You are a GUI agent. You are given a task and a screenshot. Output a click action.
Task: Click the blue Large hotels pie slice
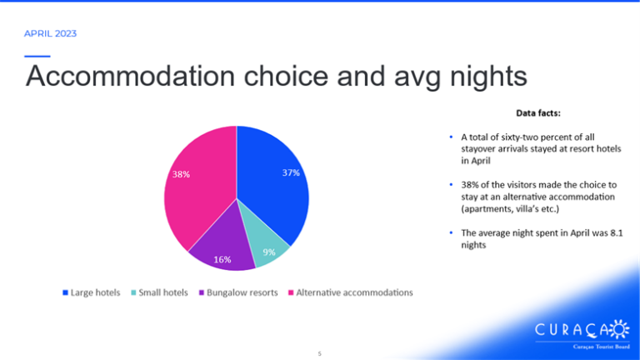click(x=269, y=180)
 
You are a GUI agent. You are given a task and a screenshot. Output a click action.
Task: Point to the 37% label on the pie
click(x=291, y=172)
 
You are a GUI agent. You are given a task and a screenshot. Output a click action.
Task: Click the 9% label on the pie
click(x=269, y=252)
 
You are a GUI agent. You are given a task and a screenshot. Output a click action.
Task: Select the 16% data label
click(x=222, y=259)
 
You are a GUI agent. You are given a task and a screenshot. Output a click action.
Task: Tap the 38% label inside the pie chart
click(x=181, y=174)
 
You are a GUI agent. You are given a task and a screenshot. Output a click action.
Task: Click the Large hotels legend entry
click(x=92, y=292)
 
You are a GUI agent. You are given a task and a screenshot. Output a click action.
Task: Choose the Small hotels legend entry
click(x=159, y=292)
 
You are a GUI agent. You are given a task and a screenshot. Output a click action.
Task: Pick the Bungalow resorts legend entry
click(x=238, y=292)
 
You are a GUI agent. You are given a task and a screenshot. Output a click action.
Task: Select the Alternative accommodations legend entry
click(x=351, y=292)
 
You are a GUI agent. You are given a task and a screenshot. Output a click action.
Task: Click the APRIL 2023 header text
click(x=50, y=33)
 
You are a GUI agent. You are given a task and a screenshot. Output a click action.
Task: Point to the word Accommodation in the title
click(x=131, y=76)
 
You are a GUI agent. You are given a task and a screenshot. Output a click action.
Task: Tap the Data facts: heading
click(x=538, y=113)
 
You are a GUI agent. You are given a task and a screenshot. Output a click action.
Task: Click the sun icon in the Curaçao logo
click(x=619, y=329)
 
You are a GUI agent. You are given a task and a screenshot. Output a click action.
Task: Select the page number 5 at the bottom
click(x=320, y=354)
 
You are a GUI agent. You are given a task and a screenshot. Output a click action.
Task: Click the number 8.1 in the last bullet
click(x=617, y=233)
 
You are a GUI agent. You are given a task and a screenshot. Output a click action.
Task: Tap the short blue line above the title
click(x=37, y=57)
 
